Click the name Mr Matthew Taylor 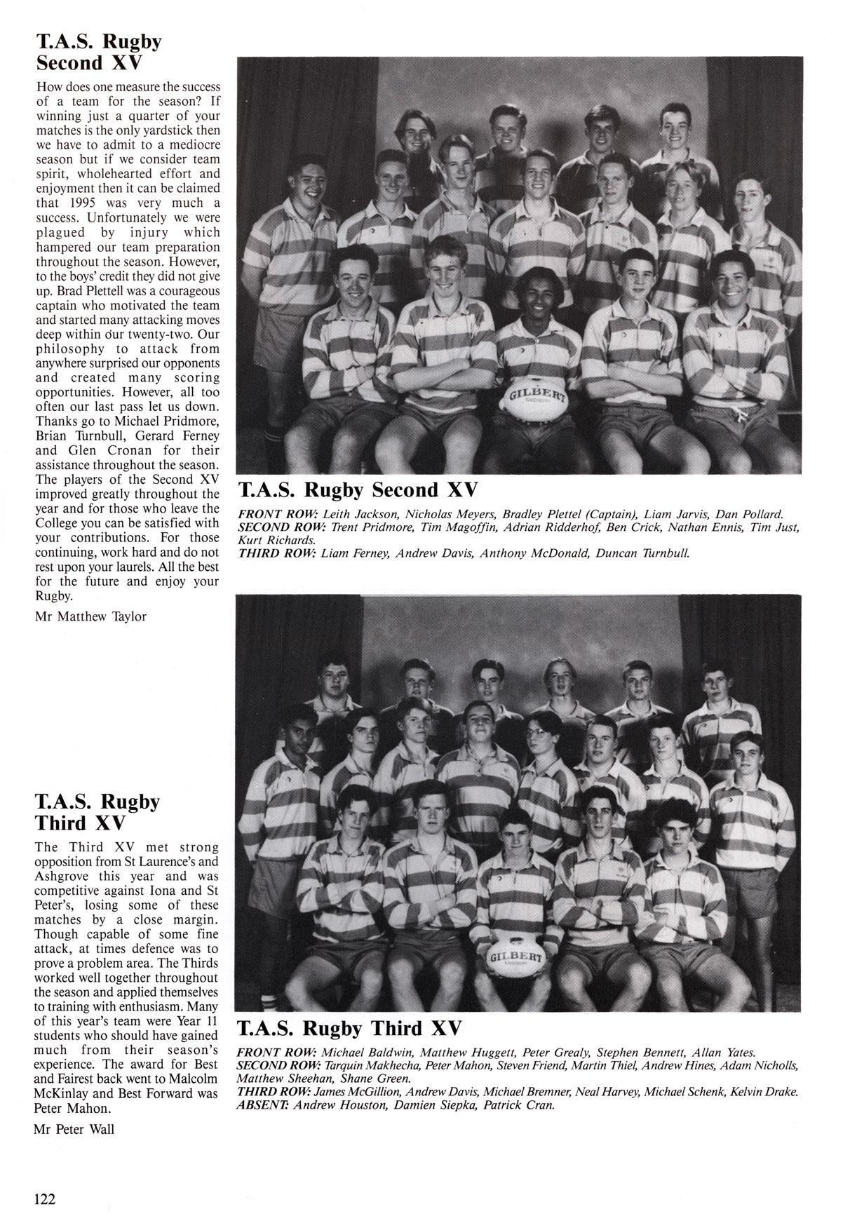tap(91, 616)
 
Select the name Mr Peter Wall tap(74, 1129)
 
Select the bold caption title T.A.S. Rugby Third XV tap(350, 1029)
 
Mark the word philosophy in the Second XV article tap(67, 349)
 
